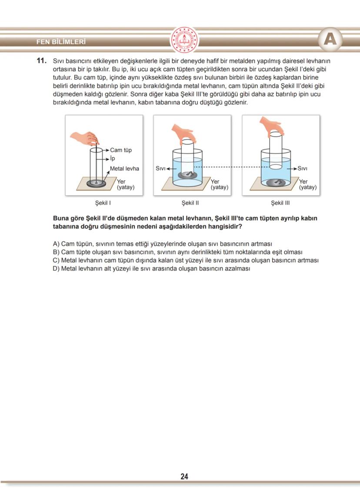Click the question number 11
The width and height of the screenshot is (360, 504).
click(42, 61)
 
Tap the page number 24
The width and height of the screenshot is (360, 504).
click(184, 476)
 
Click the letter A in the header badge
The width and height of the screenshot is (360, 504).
click(330, 40)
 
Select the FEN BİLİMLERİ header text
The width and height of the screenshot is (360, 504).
click(61, 42)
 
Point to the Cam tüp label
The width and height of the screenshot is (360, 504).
click(120, 150)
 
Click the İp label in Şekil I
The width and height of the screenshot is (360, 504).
click(113, 159)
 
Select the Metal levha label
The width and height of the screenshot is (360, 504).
click(124, 168)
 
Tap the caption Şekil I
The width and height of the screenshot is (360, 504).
click(104, 203)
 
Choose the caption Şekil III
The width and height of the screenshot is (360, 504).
click(280, 203)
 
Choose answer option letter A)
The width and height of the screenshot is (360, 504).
click(56, 244)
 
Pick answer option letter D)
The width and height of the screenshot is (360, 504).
click(56, 268)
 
